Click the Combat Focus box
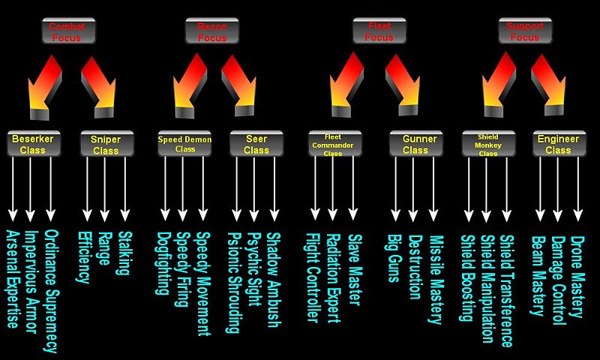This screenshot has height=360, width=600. pos(67,31)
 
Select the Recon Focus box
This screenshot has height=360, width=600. pos(211,31)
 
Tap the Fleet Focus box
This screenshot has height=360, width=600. pos(379,31)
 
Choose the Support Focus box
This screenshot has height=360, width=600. pos(526,31)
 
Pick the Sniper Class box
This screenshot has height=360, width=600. pos(106,144)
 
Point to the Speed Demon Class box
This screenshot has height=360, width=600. pos(185,143)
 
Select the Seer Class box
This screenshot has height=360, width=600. pos(256,144)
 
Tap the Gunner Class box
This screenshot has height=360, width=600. pos(415,144)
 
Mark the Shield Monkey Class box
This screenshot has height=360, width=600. pos(487,143)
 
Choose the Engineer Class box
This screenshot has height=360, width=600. pos(558,144)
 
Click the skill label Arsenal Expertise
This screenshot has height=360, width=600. pos(12,281)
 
